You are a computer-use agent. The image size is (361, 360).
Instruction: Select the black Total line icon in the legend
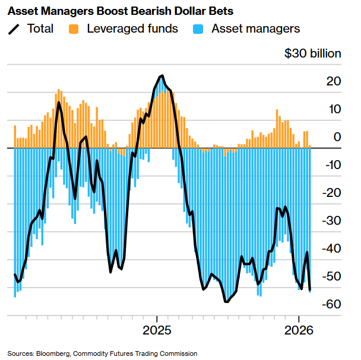click(x=14, y=28)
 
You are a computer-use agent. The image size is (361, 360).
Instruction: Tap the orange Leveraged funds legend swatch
click(x=74, y=28)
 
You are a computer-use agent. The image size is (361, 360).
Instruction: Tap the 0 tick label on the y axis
click(x=337, y=137)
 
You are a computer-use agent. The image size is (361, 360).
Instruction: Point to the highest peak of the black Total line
click(x=161, y=76)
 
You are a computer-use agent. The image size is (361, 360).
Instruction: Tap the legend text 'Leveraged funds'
click(x=132, y=28)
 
